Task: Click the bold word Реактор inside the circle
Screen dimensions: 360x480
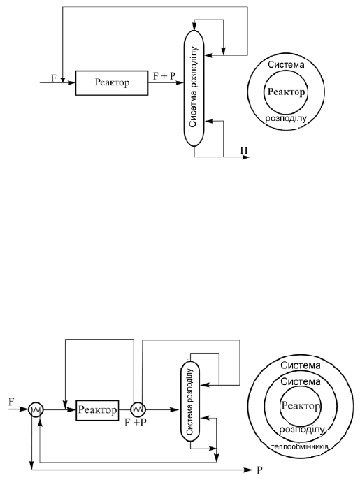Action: coord(286,92)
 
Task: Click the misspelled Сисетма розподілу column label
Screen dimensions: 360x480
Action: coord(194,87)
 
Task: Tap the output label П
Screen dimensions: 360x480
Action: coord(244,151)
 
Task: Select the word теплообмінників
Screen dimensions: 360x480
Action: coord(300,446)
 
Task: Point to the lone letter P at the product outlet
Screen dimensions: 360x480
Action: coord(259,470)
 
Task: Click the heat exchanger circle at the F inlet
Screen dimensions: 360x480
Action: coord(36,409)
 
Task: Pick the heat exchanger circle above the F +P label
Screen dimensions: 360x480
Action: coord(138,409)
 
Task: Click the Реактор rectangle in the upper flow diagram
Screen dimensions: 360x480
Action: coord(112,83)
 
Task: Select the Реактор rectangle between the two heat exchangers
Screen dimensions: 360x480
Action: coord(97,410)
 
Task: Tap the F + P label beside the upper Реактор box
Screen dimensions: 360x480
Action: coord(164,76)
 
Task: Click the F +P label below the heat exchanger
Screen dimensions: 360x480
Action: coord(136,423)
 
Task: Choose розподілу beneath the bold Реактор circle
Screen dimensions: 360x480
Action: coord(286,119)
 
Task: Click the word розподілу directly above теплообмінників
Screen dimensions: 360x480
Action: coord(301,430)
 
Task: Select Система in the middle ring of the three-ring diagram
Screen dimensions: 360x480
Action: coord(301,381)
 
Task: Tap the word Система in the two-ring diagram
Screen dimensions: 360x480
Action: coord(286,64)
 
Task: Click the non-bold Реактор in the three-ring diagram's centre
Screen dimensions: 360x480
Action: coord(301,406)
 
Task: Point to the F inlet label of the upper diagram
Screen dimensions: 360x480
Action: coord(54,78)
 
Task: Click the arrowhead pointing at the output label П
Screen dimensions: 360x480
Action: coord(247,157)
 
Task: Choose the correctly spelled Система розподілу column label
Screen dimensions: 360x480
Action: coord(190,402)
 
